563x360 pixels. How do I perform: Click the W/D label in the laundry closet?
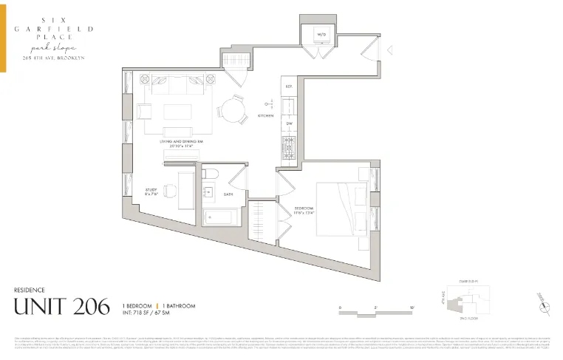point(322,35)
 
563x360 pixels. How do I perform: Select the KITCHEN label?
point(265,116)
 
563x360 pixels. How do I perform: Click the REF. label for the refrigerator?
point(290,86)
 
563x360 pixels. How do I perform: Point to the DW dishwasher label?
point(290,123)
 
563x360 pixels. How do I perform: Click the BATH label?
point(228,194)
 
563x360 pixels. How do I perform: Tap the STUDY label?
point(151,189)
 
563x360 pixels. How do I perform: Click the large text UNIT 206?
point(62,305)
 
